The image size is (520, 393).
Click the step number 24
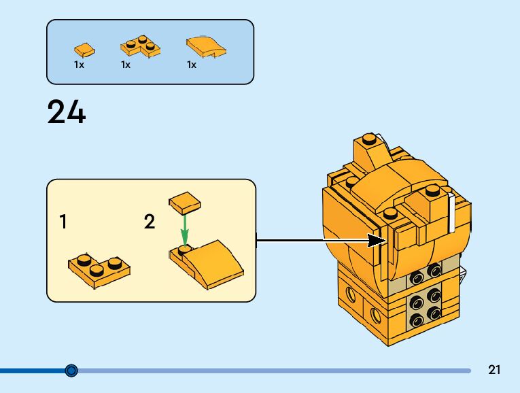tap(67, 112)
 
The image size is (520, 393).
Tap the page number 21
tap(494, 371)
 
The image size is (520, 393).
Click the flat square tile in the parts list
tap(84, 48)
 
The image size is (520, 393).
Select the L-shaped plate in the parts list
tap(141, 47)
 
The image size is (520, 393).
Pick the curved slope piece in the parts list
tap(207, 46)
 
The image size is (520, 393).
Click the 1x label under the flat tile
tap(79, 65)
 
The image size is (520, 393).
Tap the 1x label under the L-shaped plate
tap(126, 65)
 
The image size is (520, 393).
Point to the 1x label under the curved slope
tap(192, 65)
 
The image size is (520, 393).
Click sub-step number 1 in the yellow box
tap(63, 222)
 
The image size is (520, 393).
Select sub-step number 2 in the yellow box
tap(150, 222)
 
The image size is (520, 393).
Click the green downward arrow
tap(183, 230)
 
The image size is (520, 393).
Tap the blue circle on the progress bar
tap(71, 371)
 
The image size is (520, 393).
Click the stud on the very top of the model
tap(368, 139)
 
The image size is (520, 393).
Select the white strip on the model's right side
tap(451, 213)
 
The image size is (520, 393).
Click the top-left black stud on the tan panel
tap(413, 276)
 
